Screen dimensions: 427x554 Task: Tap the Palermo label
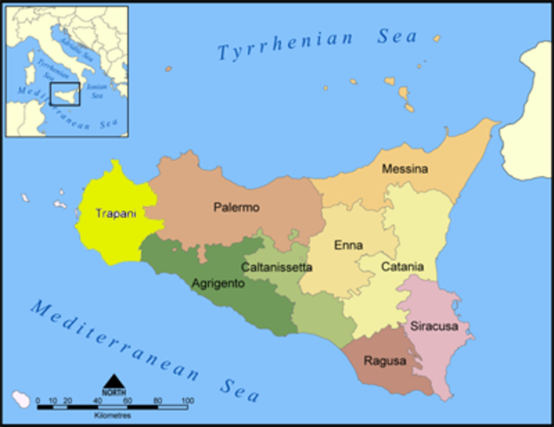tap(237, 207)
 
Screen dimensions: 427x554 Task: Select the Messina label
tap(405, 169)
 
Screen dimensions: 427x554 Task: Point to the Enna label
tap(348, 245)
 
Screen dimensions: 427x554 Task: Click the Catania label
tap(402, 267)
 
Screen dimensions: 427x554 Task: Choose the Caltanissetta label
tap(277, 266)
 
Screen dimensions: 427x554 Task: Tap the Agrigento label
tap(218, 285)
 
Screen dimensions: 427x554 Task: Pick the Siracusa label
tap(434, 326)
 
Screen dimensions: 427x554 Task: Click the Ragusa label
tap(385, 361)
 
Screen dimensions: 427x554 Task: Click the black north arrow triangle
tap(113, 382)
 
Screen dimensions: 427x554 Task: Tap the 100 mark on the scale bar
tap(188, 400)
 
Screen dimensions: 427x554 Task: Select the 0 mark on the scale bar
tap(37, 400)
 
